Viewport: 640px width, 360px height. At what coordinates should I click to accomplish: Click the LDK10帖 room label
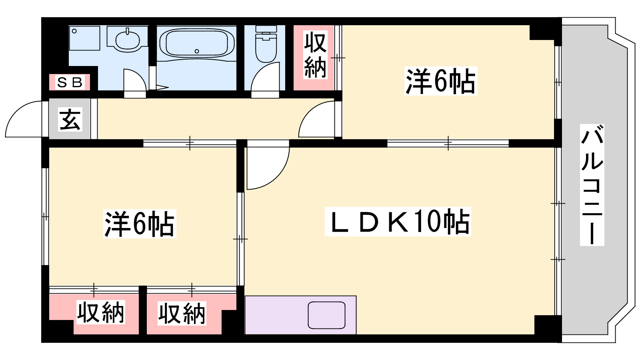[x=398, y=222]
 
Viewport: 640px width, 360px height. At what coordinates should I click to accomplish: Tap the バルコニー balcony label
[x=592, y=185]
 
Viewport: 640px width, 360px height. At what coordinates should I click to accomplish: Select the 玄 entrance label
[x=70, y=120]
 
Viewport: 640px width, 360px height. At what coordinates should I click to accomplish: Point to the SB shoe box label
[x=70, y=82]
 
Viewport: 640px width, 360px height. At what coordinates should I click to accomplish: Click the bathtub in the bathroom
[x=197, y=44]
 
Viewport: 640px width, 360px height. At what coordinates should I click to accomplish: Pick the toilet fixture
[x=266, y=44]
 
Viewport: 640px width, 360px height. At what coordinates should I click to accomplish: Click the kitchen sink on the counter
[x=326, y=315]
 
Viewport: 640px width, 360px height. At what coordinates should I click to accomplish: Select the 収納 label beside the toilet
[x=315, y=56]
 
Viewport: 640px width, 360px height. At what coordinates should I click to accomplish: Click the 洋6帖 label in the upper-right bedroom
[x=440, y=81]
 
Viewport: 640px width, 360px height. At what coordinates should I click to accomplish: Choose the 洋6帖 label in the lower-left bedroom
[x=140, y=224]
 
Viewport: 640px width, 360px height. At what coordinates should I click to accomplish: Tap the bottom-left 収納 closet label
[x=100, y=312]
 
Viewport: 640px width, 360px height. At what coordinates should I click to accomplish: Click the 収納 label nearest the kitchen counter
[x=182, y=314]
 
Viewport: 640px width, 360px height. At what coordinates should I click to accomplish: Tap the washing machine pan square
[x=84, y=38]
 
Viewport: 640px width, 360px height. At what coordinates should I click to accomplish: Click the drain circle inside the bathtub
[x=196, y=51]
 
